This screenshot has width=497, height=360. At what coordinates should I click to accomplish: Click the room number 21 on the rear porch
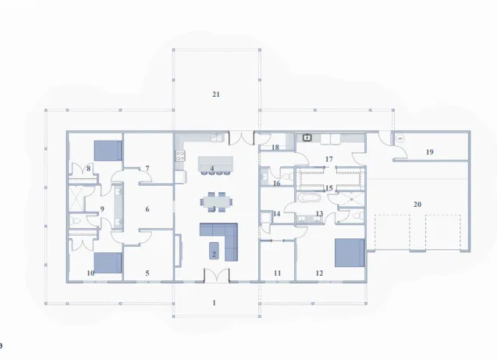click(x=216, y=94)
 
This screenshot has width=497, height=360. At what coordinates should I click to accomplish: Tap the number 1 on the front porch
click(x=214, y=303)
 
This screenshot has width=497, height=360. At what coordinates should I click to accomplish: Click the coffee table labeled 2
click(x=214, y=251)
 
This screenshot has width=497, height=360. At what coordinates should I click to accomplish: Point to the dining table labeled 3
click(x=216, y=201)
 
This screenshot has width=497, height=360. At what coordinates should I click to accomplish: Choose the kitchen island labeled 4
click(x=215, y=164)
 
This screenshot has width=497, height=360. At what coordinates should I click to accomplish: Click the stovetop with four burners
click(x=180, y=155)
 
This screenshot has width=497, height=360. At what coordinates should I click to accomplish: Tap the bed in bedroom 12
click(x=350, y=253)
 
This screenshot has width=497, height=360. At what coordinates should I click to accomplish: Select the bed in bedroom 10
click(x=108, y=263)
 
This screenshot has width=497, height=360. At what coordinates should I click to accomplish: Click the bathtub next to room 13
click(x=309, y=198)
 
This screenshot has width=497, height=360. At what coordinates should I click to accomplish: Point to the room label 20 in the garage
click(x=417, y=205)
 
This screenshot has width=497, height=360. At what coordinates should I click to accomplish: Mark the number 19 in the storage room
click(x=429, y=152)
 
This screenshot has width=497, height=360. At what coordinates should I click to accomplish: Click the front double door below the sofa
click(x=216, y=276)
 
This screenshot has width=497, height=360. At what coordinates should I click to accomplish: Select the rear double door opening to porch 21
click(x=242, y=138)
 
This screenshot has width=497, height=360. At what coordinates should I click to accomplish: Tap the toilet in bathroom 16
click(x=288, y=176)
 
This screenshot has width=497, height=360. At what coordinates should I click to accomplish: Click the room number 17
click(x=329, y=159)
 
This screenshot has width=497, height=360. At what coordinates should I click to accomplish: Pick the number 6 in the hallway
click(x=147, y=209)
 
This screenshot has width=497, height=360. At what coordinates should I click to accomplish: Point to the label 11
click(x=277, y=273)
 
